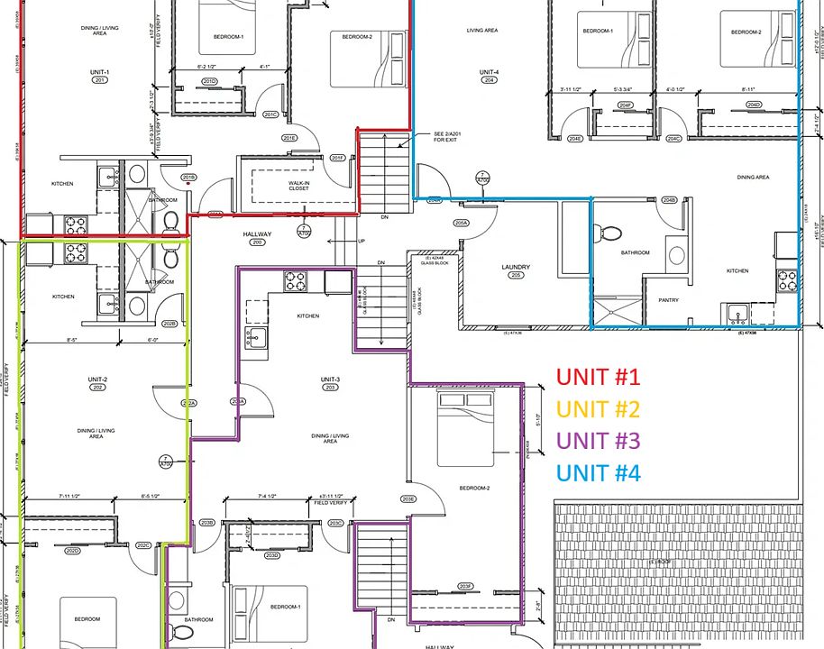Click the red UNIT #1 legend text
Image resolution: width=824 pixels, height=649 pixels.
598,377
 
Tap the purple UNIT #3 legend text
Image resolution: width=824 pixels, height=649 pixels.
598,440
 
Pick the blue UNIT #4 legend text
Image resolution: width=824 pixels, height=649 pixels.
598,471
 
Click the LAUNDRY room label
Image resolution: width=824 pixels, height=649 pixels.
516,267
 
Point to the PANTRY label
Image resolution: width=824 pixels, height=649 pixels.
668,300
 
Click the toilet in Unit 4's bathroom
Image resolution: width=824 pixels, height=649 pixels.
610,233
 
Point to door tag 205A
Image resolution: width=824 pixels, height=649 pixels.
461,223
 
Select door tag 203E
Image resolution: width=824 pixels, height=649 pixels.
408,499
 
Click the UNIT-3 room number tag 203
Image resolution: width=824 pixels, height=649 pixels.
330,388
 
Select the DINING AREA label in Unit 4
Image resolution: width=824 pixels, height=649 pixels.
753,178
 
